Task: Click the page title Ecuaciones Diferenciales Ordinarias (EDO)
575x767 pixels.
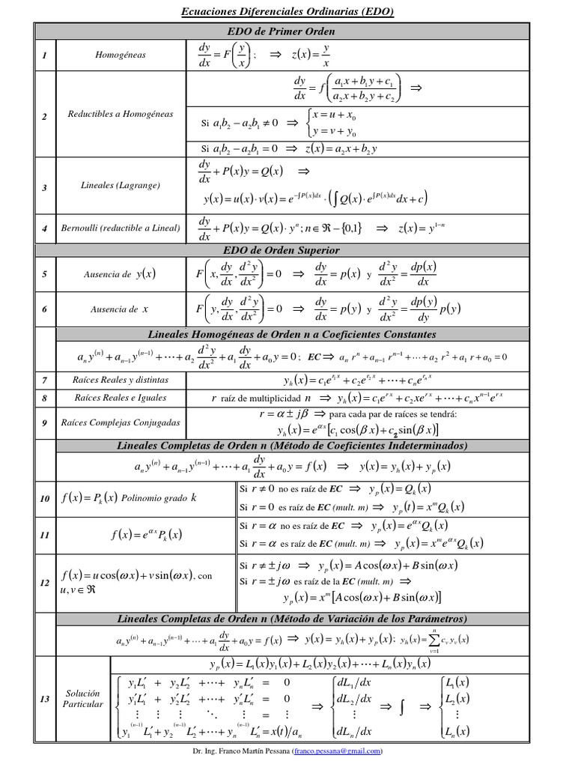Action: [x=287, y=11]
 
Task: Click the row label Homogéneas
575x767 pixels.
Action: [x=121, y=55]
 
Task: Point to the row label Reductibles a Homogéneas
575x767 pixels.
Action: [x=121, y=115]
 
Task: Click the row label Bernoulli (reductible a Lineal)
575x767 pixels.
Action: [x=121, y=228]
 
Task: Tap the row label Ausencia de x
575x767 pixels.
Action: [x=120, y=309]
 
